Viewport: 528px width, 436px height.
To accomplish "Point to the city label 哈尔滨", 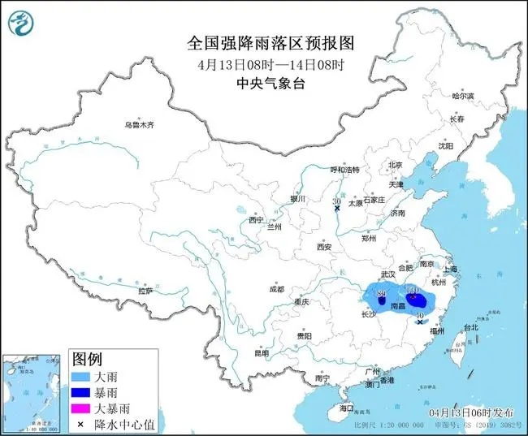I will (461, 96).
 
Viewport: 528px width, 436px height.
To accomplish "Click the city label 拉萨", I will (145, 291).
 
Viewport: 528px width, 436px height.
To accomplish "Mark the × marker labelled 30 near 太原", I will (337, 209).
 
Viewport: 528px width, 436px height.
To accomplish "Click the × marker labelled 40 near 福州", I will (420, 322).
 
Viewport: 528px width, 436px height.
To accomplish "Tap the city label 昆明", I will (261, 353).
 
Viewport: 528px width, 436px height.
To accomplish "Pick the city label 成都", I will (276, 289).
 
